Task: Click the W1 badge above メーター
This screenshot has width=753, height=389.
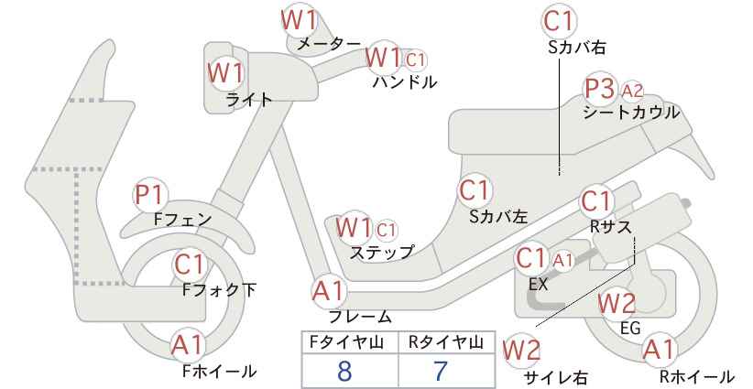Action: point(299,21)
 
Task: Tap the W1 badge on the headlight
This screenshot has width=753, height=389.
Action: point(226,73)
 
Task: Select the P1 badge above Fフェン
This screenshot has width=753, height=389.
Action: point(150,195)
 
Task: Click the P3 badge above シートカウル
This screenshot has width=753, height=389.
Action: point(600,90)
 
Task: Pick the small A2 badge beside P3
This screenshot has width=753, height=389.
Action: point(631,91)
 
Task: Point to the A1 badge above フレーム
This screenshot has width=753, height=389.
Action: point(330,291)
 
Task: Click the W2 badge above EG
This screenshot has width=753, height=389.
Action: point(617,304)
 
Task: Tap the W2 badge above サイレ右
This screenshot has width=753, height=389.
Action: point(521,351)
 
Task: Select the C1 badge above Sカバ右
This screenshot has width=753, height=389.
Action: point(560,22)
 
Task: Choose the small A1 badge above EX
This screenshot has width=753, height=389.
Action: point(563,261)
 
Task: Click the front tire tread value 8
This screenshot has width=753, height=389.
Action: point(344,371)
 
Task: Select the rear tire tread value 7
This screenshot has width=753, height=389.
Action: point(440,371)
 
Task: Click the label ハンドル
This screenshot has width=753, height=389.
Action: point(405,82)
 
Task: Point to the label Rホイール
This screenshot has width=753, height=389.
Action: point(696,376)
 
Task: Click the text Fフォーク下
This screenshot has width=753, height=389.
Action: point(219,290)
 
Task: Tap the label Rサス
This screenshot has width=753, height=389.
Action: point(610,227)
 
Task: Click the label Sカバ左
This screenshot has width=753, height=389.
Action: point(498,217)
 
